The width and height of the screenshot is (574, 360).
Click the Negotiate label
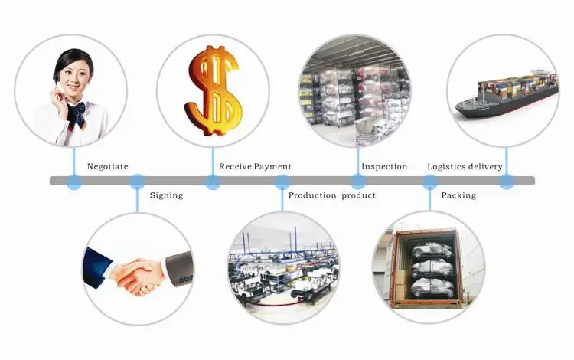click(x=107, y=166)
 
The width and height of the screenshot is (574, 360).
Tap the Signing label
click(x=166, y=195)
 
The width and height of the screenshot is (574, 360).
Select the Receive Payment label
click(x=255, y=166)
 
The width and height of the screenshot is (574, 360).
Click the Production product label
click(x=331, y=195)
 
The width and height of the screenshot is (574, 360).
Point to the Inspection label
click(x=384, y=166)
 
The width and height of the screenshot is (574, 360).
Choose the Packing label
click(x=458, y=195)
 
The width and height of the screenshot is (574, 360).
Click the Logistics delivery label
click(x=465, y=166)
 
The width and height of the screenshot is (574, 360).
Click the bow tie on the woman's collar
click(x=76, y=114)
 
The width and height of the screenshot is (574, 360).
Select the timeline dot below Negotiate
click(x=74, y=182)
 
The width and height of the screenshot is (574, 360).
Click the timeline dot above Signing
click(x=137, y=182)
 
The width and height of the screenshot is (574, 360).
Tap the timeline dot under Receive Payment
click(x=213, y=182)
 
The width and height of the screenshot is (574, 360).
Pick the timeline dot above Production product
click(x=282, y=182)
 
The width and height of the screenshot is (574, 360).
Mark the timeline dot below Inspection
click(x=357, y=182)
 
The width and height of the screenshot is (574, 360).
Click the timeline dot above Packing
click(x=430, y=182)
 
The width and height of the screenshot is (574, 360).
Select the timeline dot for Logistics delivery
click(x=506, y=182)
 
